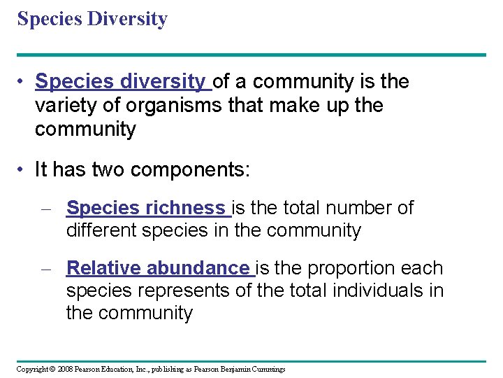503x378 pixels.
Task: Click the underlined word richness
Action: [185, 208]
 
